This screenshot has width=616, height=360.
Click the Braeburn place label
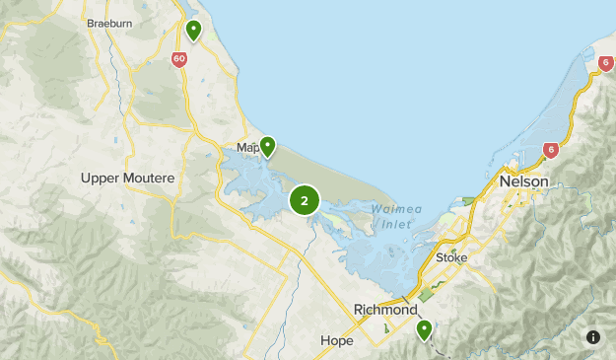[109, 22]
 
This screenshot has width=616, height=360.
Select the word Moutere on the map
[151, 179]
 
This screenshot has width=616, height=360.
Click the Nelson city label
[523, 181]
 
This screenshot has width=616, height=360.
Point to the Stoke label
[451, 257]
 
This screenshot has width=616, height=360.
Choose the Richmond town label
[385, 310]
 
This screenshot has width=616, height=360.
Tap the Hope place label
[336, 341]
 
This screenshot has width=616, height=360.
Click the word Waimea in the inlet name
[391, 208]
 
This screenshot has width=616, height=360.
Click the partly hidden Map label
[246, 149]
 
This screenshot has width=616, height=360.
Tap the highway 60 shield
[178, 58]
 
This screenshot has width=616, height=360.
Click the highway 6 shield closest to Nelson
[550, 151]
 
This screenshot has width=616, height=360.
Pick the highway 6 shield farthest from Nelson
[605, 63]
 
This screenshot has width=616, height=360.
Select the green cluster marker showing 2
[305, 201]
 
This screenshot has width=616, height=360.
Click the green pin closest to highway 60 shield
[194, 31]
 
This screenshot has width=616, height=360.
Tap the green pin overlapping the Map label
[266, 147]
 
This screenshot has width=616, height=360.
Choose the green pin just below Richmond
[424, 329]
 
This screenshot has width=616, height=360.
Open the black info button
[593, 337]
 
